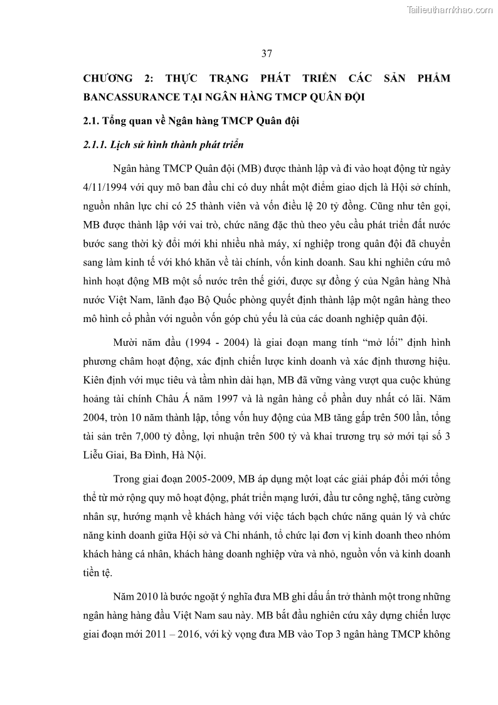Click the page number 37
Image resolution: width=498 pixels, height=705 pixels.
point(267,53)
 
